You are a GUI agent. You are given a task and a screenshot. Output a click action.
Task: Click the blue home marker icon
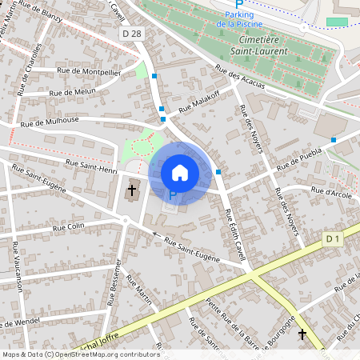tap(180, 172)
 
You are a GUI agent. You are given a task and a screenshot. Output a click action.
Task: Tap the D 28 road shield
tap(133, 33)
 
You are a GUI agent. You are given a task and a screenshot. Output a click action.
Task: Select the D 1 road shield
tap(333, 238)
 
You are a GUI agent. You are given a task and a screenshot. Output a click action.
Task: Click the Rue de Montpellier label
tap(89, 71)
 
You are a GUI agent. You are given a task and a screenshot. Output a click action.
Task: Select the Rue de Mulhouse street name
tap(50, 122)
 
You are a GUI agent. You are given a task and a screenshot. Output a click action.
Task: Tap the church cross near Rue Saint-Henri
tap(132, 190)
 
